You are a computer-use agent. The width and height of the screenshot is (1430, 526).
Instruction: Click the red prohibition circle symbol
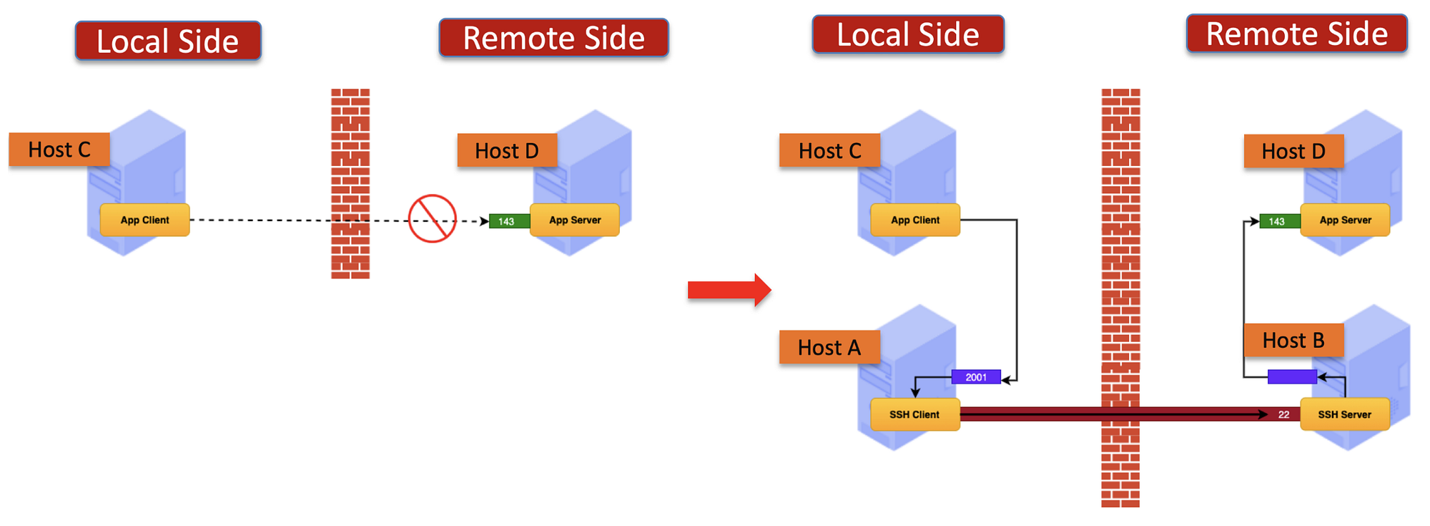click(x=432, y=218)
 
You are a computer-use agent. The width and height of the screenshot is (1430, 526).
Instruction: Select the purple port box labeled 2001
click(x=976, y=377)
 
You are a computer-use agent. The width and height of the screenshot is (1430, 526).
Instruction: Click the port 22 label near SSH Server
click(x=1283, y=414)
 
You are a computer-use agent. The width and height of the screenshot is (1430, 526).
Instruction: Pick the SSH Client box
click(x=914, y=414)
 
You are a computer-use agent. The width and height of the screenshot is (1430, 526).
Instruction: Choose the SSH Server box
click(x=1344, y=414)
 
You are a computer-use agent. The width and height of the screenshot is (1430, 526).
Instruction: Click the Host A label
click(x=829, y=347)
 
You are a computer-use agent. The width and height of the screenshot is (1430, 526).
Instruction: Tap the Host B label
click(x=1293, y=340)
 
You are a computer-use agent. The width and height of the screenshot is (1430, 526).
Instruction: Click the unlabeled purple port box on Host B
click(x=1292, y=376)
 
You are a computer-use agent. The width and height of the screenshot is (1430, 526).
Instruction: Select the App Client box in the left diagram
click(x=144, y=220)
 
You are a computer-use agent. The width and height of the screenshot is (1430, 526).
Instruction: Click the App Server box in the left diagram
click(x=575, y=220)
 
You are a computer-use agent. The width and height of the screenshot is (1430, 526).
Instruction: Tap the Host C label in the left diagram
click(x=59, y=150)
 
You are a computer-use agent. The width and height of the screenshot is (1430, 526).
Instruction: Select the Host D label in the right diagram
click(x=1293, y=151)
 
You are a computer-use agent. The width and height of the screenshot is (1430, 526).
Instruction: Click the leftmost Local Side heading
click(x=168, y=41)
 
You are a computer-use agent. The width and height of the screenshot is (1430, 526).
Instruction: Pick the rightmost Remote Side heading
click(x=1296, y=34)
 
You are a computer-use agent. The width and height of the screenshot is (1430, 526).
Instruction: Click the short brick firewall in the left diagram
click(x=350, y=182)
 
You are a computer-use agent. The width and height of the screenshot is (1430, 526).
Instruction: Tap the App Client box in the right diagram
click(x=914, y=220)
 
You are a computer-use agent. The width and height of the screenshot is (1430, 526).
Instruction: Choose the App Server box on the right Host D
click(x=1345, y=220)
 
